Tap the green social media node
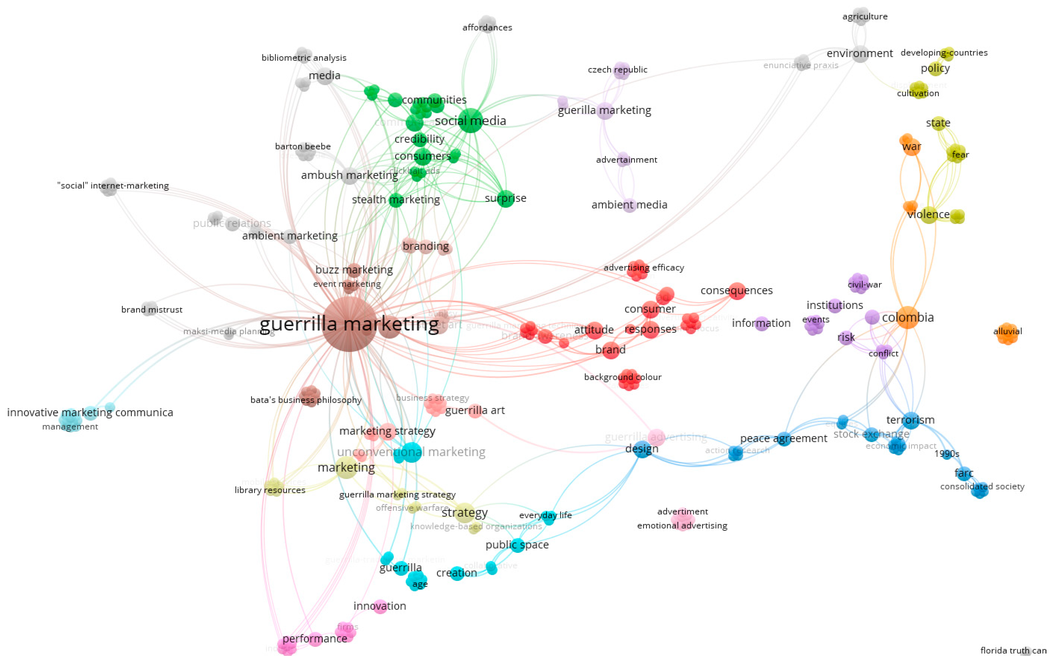pyautogui.click(x=470, y=121)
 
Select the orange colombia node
pyautogui.click(x=908, y=317)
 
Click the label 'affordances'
pyautogui.click(x=487, y=28)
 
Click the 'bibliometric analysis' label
pyautogui.click(x=304, y=58)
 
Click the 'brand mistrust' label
pyautogui.click(x=152, y=309)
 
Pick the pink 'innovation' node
pyautogui.click(x=380, y=606)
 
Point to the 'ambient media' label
pyautogui.click(x=629, y=205)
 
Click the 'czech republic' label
pyautogui.click(x=617, y=69)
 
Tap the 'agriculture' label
pyautogui.click(x=865, y=17)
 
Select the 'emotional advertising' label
pyautogui.click(x=682, y=525)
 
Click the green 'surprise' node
pyautogui.click(x=505, y=198)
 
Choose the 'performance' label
pyautogui.click(x=315, y=639)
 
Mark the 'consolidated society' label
pyautogui.click(x=982, y=487)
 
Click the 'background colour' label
pyautogui.click(x=623, y=377)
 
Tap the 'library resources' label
pyautogui.click(x=270, y=490)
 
